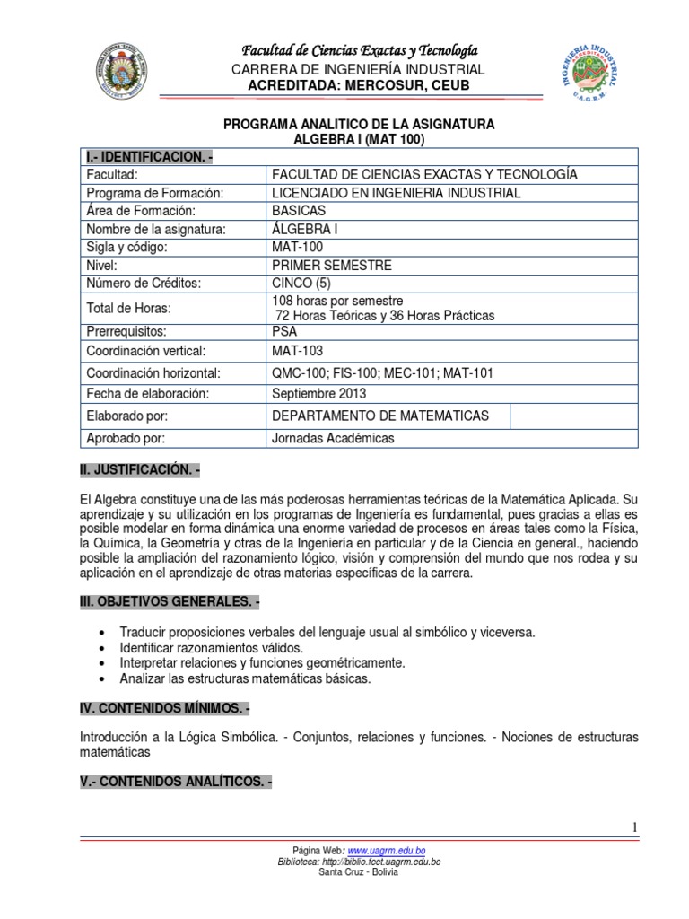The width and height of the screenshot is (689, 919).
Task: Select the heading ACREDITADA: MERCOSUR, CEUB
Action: [x=357, y=85]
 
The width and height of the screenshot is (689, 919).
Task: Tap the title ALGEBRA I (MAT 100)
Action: [x=358, y=139]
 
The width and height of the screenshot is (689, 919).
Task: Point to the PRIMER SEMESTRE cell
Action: [x=331, y=265]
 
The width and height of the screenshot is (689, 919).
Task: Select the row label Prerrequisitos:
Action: [x=128, y=330]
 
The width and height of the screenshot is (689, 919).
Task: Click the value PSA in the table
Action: [x=284, y=330]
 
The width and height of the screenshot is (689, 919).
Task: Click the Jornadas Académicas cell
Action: [x=332, y=438]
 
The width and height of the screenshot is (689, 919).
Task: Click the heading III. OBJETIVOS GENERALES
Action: [x=169, y=600]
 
